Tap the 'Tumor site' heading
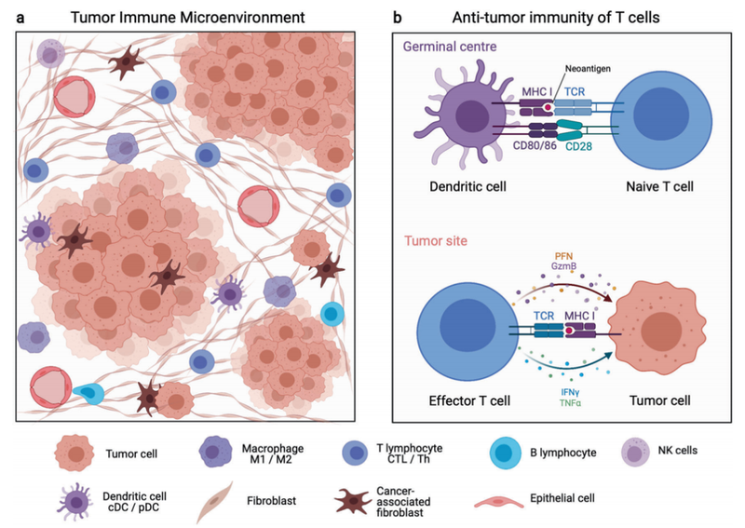click(x=434, y=241)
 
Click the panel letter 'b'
click(x=398, y=18)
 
